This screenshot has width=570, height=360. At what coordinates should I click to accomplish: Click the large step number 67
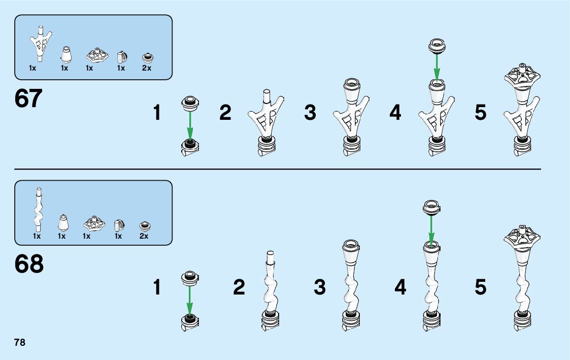tap(29, 99)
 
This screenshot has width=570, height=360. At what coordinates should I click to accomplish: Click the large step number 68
tap(29, 264)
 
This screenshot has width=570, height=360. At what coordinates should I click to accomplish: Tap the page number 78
tap(20, 342)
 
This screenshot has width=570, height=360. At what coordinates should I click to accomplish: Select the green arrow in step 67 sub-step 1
tap(190, 125)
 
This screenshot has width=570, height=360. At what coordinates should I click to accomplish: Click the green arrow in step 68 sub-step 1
tap(190, 300)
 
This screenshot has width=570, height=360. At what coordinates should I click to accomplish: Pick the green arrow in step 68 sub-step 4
tap(431, 229)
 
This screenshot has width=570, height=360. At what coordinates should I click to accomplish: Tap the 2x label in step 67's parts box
tap(147, 68)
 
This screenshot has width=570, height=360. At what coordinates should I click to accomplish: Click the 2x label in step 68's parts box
tap(144, 236)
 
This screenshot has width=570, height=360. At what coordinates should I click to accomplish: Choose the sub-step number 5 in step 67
tap(481, 113)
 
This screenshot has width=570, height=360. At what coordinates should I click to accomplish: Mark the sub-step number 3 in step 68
tap(320, 288)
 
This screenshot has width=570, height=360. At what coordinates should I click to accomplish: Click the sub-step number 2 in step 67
tap(225, 113)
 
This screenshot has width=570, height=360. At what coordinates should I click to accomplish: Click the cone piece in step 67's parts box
tap(65, 54)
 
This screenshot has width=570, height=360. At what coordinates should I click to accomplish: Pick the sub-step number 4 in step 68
tap(400, 288)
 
